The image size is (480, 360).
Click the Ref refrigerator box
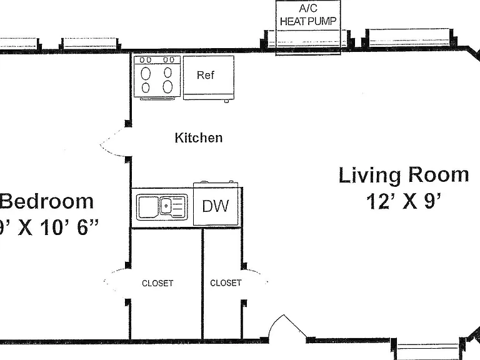pos(209,77)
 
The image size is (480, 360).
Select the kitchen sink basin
pos(149,207)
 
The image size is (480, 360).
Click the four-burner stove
pos(157,77)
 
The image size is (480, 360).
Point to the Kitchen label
pos(199,137)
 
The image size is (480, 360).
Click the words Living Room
pos(404,175)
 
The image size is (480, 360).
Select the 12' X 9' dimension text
pos(404,201)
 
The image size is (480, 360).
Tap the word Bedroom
pos(46,201)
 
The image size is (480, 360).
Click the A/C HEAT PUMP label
pos(308,15)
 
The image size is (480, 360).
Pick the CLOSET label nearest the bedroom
pos(157,283)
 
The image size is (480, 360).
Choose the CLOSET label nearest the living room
pos(226,283)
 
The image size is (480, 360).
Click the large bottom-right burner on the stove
pos(167,87)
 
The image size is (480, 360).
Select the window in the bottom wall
pos(428,348)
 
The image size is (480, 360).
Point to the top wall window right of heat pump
pos(409,38)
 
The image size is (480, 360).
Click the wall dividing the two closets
pos(202,284)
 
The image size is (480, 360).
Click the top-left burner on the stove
pos(146,74)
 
